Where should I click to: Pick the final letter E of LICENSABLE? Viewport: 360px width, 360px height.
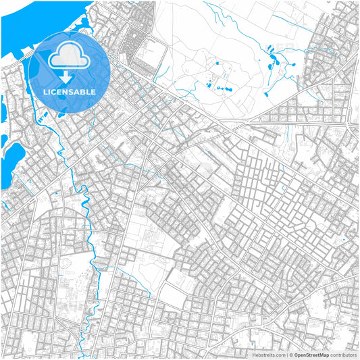93,91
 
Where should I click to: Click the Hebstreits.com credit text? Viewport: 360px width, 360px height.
268,354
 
